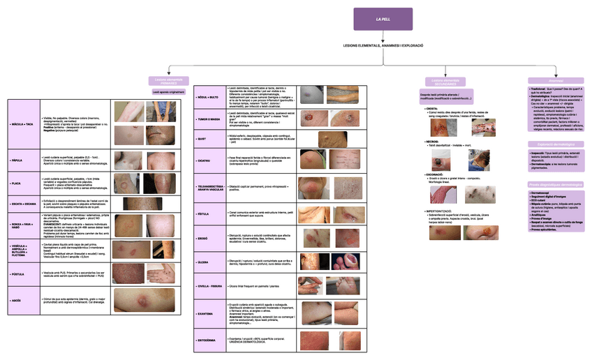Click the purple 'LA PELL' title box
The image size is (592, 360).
click(x=383, y=19)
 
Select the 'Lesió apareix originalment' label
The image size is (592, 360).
click(x=168, y=91)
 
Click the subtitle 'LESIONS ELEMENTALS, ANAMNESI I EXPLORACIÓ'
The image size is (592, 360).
click(x=383, y=45)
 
